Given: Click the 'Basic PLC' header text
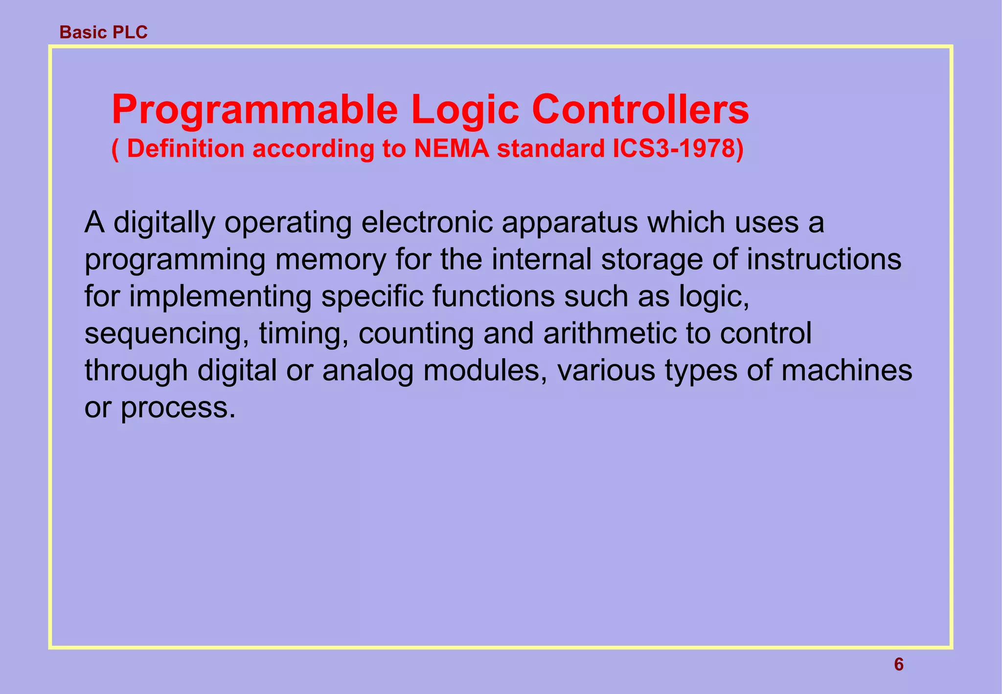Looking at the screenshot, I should pyautogui.click(x=103, y=32).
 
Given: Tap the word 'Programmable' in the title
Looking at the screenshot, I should pyautogui.click(x=254, y=110).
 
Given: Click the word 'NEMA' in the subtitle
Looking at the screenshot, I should pyautogui.click(x=452, y=148).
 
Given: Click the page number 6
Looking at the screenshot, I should pyautogui.click(x=899, y=665).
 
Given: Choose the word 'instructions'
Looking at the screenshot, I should pyautogui.click(x=823, y=259).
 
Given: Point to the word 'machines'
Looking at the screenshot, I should pyautogui.click(x=846, y=370).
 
